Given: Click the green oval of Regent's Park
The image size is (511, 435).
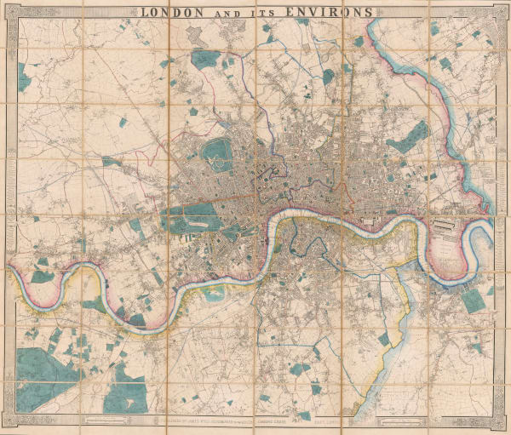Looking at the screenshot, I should (220, 153).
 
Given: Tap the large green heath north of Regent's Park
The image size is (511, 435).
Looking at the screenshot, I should (205, 60).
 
